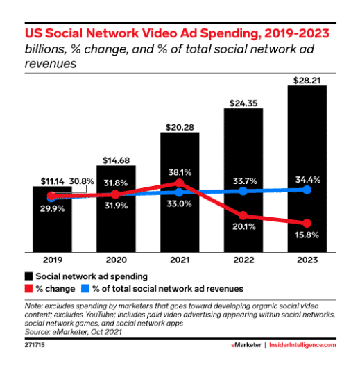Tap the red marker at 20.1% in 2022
click(x=243, y=215)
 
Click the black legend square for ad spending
click(x=29, y=276)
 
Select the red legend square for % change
click(x=29, y=288)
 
